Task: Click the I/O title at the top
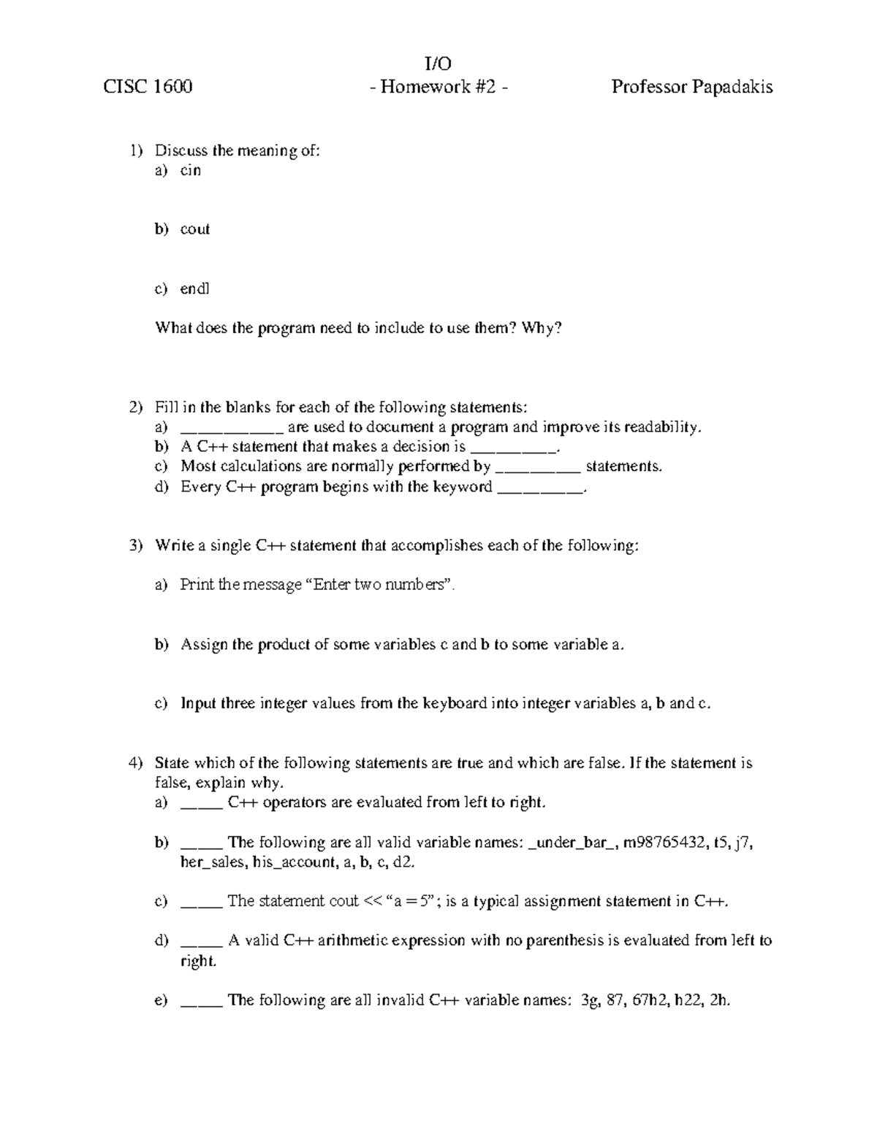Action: [x=438, y=64]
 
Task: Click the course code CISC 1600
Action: [x=148, y=88]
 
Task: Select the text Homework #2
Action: [x=438, y=88]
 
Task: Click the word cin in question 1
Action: [x=191, y=170]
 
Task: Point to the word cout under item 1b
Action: [x=195, y=229]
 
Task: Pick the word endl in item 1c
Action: [x=194, y=288]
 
